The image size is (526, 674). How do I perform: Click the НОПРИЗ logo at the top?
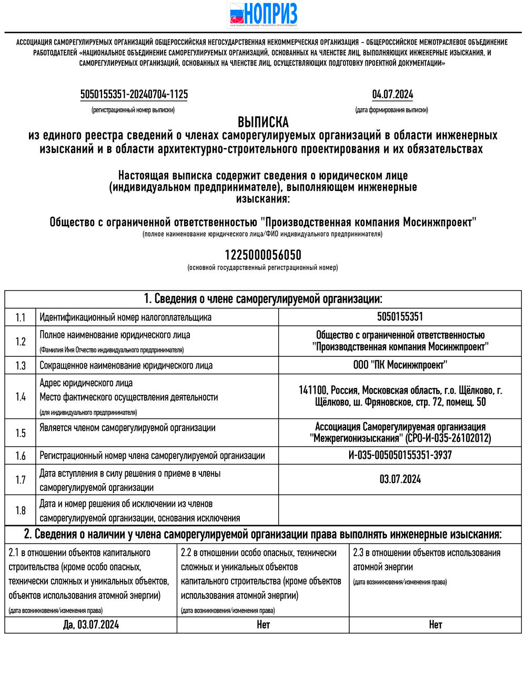point(263,14)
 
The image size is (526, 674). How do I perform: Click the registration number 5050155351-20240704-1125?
point(134,95)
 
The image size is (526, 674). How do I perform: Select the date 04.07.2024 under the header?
point(392,95)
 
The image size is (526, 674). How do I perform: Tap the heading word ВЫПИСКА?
point(263,122)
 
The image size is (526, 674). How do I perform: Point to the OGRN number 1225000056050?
point(263,255)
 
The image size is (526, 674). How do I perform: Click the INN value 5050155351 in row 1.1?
point(400,317)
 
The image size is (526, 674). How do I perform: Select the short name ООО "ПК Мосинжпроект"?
point(400,365)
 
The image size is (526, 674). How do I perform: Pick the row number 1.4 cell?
point(21,397)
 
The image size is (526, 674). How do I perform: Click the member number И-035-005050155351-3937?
point(400,455)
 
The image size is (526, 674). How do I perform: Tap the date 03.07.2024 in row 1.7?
point(400,479)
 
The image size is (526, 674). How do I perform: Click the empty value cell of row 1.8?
point(400,510)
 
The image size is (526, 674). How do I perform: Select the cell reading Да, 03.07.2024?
point(90,625)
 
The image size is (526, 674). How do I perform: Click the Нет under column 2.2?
point(263,625)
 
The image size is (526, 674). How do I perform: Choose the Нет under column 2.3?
point(435,625)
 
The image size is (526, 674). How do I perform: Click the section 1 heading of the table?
point(263,299)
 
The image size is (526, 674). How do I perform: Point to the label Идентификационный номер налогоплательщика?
point(126,318)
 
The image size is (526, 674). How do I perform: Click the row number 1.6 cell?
point(21,456)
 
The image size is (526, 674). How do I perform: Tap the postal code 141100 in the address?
point(312,391)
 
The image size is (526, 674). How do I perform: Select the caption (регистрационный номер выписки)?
point(133,110)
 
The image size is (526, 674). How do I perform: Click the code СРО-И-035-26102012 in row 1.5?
point(448,438)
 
